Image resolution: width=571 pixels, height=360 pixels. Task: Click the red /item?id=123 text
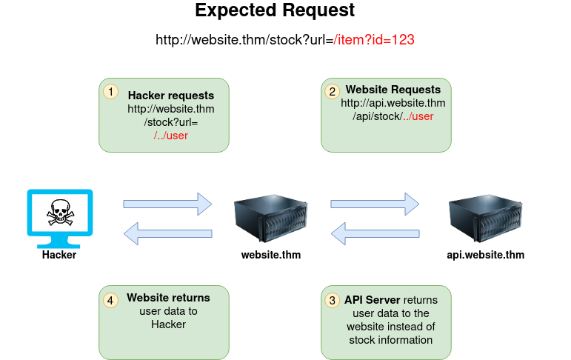(x=373, y=40)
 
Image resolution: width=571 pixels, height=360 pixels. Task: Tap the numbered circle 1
(x=110, y=91)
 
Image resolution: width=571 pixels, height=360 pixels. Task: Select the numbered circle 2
(x=332, y=91)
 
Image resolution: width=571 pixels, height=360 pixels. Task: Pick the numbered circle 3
(x=332, y=300)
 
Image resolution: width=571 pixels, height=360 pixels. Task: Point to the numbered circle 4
(x=110, y=300)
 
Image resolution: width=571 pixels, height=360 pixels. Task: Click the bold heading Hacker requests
(x=171, y=96)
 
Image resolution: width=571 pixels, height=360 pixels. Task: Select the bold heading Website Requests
(x=393, y=90)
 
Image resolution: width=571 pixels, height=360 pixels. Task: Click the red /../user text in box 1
(x=171, y=136)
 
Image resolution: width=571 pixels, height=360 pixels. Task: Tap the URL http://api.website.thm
(x=393, y=103)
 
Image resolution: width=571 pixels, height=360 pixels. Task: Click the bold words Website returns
(x=168, y=298)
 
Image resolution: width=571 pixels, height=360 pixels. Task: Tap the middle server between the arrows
(x=270, y=219)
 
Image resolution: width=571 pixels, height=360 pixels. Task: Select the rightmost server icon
(x=487, y=219)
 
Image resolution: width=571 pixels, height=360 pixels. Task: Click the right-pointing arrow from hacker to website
(x=167, y=203)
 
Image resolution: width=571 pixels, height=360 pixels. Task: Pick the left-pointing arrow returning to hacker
(x=167, y=235)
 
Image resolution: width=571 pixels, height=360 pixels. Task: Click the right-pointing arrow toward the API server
(x=375, y=203)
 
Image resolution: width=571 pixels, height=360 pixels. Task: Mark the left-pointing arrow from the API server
(x=375, y=235)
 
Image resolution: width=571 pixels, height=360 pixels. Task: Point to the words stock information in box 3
(x=390, y=340)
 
